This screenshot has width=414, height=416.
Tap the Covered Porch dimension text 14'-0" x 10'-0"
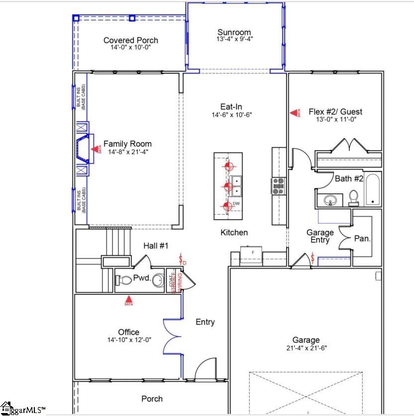(131, 48)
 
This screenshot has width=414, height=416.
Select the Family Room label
(127, 144)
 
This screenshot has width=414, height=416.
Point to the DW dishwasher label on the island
(236, 204)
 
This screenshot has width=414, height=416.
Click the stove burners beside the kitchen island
(277, 185)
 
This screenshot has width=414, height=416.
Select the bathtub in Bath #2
(372, 189)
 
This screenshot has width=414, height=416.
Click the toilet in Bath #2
(354, 198)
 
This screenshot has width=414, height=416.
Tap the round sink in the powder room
(159, 280)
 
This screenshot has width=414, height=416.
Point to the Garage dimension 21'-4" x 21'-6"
(306, 348)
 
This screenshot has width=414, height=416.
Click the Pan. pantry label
(362, 239)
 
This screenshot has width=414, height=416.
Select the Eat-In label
(231, 106)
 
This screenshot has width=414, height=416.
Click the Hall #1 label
(156, 246)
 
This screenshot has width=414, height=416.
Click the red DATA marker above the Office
(129, 301)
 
